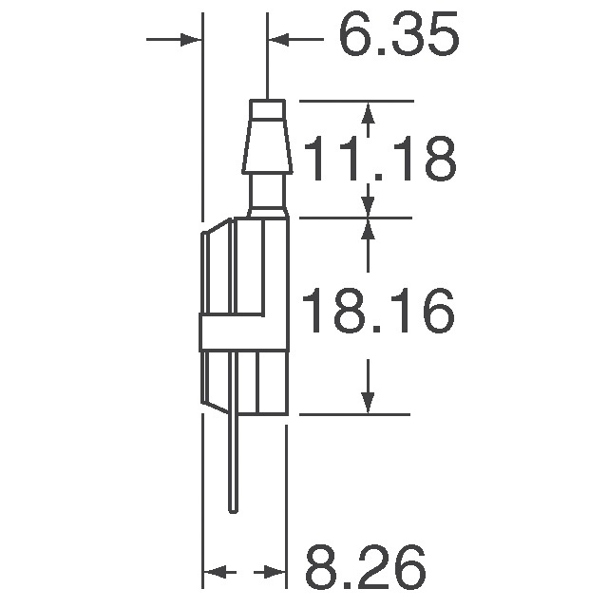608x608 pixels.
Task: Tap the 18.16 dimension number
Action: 378,313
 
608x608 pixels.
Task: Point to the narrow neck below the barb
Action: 268,195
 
